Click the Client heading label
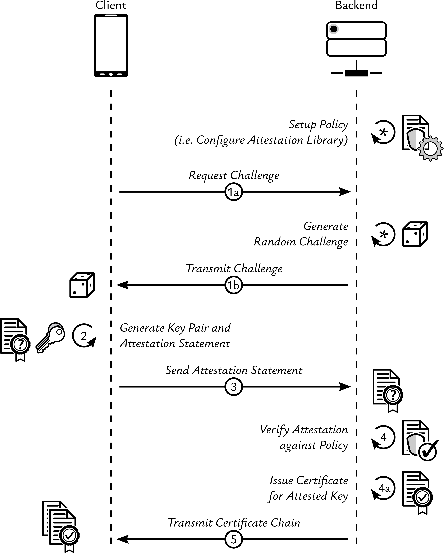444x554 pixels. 111,5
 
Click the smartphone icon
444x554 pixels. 111,45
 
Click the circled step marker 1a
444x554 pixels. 234,192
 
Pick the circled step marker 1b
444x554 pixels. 234,285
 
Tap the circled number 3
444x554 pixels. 234,387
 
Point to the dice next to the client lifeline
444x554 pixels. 82,285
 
